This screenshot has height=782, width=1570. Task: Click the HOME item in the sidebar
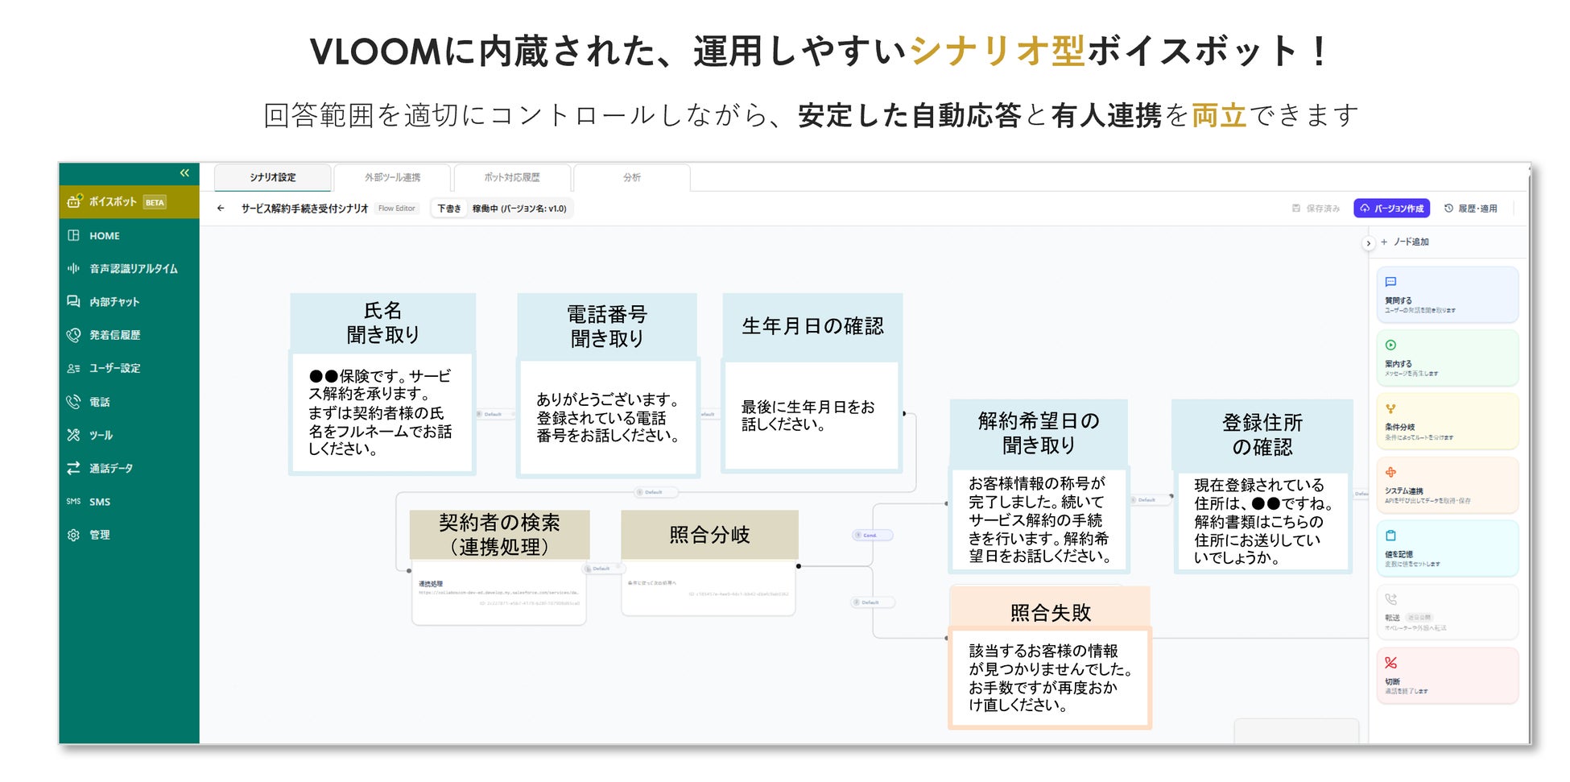(x=104, y=236)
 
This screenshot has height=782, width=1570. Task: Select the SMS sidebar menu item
(x=99, y=502)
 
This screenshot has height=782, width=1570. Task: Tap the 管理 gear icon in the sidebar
(x=73, y=535)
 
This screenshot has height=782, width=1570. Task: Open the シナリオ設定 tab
(x=272, y=177)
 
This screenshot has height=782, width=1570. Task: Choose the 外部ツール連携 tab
(x=392, y=177)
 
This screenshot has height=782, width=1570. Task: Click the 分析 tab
(x=631, y=177)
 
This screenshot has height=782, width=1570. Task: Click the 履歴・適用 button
(x=1471, y=209)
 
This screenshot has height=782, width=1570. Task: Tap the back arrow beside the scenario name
(x=221, y=209)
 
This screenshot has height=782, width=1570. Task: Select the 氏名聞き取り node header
(x=382, y=322)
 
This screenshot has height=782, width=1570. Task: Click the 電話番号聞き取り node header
(x=606, y=326)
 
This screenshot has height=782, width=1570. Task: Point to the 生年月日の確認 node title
(x=812, y=326)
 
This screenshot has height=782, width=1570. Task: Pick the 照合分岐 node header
(x=709, y=535)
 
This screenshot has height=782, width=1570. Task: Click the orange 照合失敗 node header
(x=1050, y=612)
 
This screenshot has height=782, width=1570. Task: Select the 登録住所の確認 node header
(x=1262, y=435)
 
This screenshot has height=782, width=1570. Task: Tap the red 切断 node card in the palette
(x=1447, y=676)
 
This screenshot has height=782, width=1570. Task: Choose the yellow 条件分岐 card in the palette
(x=1447, y=421)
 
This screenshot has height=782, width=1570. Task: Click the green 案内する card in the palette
(x=1447, y=358)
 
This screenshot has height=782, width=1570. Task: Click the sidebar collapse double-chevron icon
(x=184, y=173)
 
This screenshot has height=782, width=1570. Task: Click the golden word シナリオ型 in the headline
(x=998, y=52)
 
